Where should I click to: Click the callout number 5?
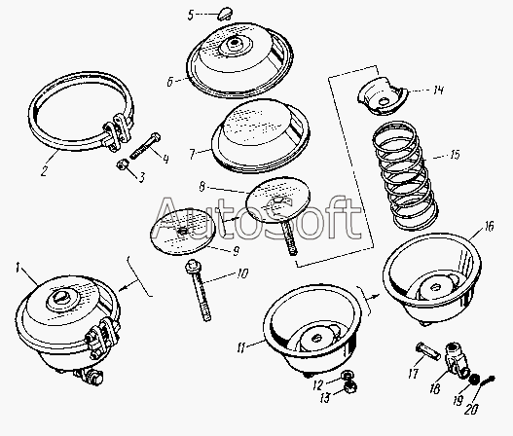coord(191,15)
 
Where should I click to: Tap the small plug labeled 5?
coord(225,14)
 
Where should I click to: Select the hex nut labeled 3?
coord(122,165)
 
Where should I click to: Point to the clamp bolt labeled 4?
coord(145,146)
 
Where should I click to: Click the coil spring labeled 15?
coord(405,174)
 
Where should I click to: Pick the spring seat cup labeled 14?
coord(383,95)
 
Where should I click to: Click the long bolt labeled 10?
coord(200,290)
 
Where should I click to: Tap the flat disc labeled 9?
coord(183,232)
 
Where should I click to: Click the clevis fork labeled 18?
coord(457,360)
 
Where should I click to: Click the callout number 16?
coord(489,227)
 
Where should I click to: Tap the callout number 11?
coord(241,348)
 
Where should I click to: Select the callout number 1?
coord(18,269)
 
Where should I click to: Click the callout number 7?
coord(193,154)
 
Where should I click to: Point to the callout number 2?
coord(44,170)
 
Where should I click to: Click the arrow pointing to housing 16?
coord(373,297)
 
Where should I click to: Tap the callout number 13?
coord(325,398)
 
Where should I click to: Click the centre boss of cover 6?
coord(235,45)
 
